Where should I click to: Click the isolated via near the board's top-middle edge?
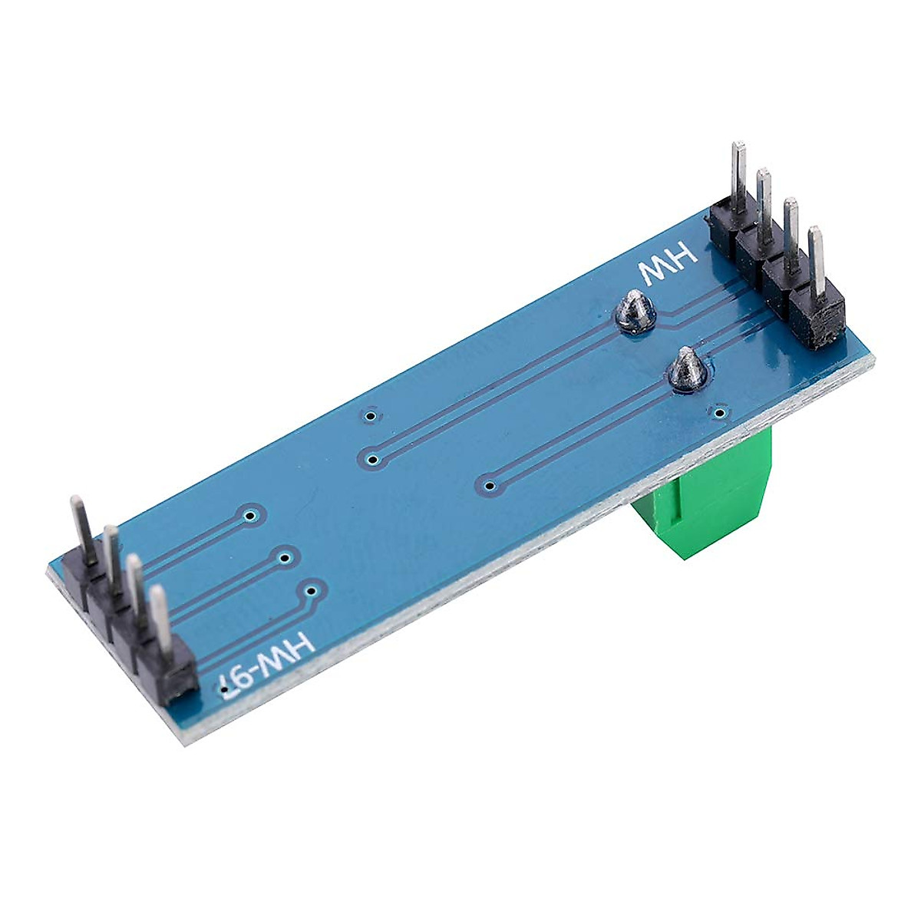pyautogui.click(x=371, y=417)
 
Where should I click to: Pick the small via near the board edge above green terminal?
pyautogui.click(x=719, y=414)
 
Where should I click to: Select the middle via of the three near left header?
pyautogui.click(x=285, y=558)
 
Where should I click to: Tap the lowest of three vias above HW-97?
pyautogui.click(x=312, y=590)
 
